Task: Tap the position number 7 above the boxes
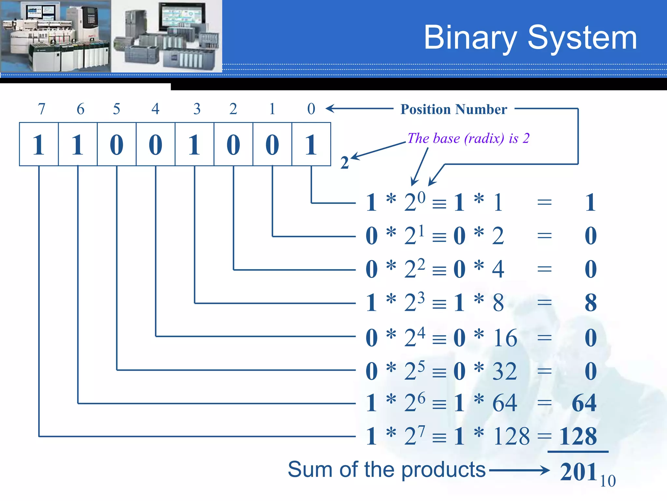[x=41, y=109]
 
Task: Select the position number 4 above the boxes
[x=155, y=109]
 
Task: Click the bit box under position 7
[x=39, y=144]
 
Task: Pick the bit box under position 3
[x=194, y=144]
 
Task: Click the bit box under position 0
[x=311, y=144]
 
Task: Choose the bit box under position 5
[x=117, y=144]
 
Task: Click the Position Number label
[x=454, y=109]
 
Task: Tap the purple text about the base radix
[x=468, y=138]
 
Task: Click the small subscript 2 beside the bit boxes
[x=345, y=162]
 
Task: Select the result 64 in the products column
[x=584, y=403]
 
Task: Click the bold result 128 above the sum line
[x=578, y=436]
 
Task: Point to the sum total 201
[x=578, y=472]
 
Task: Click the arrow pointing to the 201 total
[x=519, y=470]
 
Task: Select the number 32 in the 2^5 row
[x=504, y=371]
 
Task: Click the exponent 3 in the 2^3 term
[x=421, y=297]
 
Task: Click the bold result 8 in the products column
[x=590, y=303]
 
